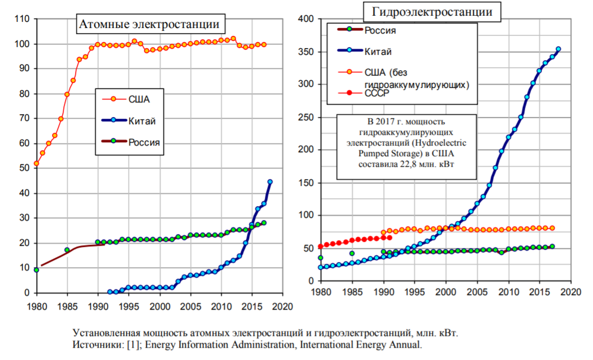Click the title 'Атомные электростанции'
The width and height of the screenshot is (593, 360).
point(148,24)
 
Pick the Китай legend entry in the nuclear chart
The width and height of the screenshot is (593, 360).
point(142,121)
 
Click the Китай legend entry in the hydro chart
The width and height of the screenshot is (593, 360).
point(378,52)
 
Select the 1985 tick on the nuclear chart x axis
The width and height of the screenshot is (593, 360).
point(67,306)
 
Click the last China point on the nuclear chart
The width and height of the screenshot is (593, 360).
point(270,181)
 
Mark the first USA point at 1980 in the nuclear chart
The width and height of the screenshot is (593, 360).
point(36,163)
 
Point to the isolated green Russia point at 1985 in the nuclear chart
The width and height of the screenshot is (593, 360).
point(67,250)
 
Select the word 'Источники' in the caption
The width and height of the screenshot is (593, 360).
point(94,345)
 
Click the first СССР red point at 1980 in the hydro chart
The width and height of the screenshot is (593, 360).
point(320,246)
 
